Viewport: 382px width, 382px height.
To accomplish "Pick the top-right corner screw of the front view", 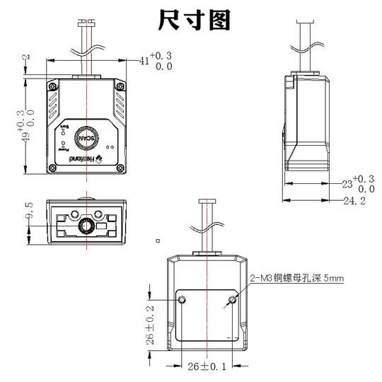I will coord(118,86).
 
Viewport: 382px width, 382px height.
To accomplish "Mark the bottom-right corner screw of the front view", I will coord(118,168).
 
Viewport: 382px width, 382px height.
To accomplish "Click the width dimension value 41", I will coord(144,62).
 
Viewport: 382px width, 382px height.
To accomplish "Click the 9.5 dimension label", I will coord(29,211).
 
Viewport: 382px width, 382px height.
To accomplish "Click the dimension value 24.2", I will coord(353,201).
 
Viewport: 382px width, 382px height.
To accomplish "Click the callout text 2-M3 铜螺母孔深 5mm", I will coord(298,279).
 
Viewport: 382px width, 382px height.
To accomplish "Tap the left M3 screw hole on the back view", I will coord(183,301).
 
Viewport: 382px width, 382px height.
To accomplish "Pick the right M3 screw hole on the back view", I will coord(229,301).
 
